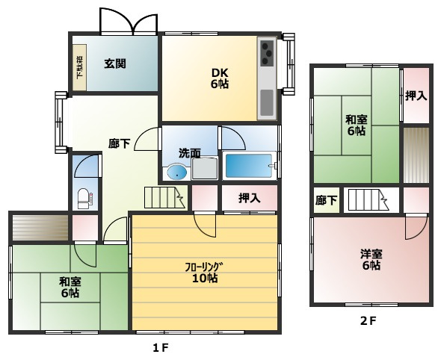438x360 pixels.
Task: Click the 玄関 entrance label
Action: point(114,63)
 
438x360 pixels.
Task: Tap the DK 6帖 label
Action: point(219,78)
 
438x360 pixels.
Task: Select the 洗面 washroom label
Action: point(189,153)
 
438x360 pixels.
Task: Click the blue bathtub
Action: point(249,166)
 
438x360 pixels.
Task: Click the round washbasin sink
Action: point(176,173)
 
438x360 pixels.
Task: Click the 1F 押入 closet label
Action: point(249,199)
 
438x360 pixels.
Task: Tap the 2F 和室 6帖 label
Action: point(357,125)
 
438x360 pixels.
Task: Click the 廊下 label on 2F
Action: point(326,200)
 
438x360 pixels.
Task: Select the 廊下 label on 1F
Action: point(120,144)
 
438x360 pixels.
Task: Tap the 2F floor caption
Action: point(366,322)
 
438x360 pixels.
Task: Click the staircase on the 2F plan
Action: point(367,201)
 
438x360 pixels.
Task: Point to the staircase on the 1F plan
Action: point(164,198)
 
